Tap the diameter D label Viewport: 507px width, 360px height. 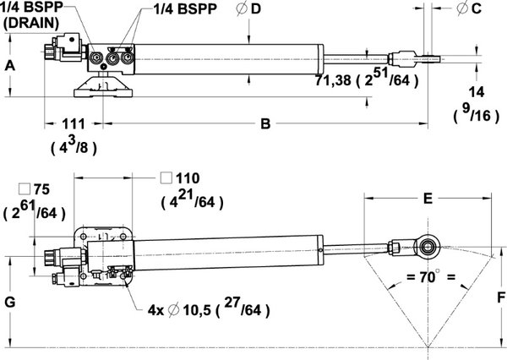250,9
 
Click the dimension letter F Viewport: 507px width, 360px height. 500,297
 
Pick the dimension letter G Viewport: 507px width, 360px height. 8,302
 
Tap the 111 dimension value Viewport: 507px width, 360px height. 74,124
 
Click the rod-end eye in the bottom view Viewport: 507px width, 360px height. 429,247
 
